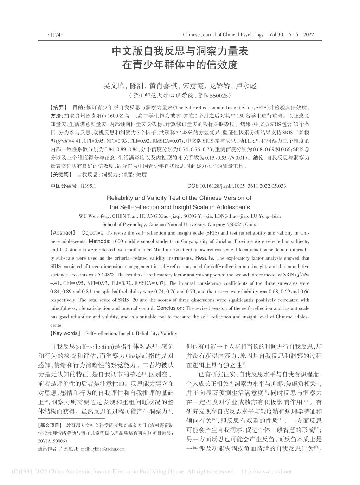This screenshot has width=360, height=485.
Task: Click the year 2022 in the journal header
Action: (308, 35)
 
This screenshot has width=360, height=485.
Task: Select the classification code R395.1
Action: (88, 186)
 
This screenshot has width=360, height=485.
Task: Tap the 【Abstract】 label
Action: (63, 233)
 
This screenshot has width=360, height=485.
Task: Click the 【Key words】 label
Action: (65, 333)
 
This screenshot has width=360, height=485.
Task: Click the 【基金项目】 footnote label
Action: (49, 425)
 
